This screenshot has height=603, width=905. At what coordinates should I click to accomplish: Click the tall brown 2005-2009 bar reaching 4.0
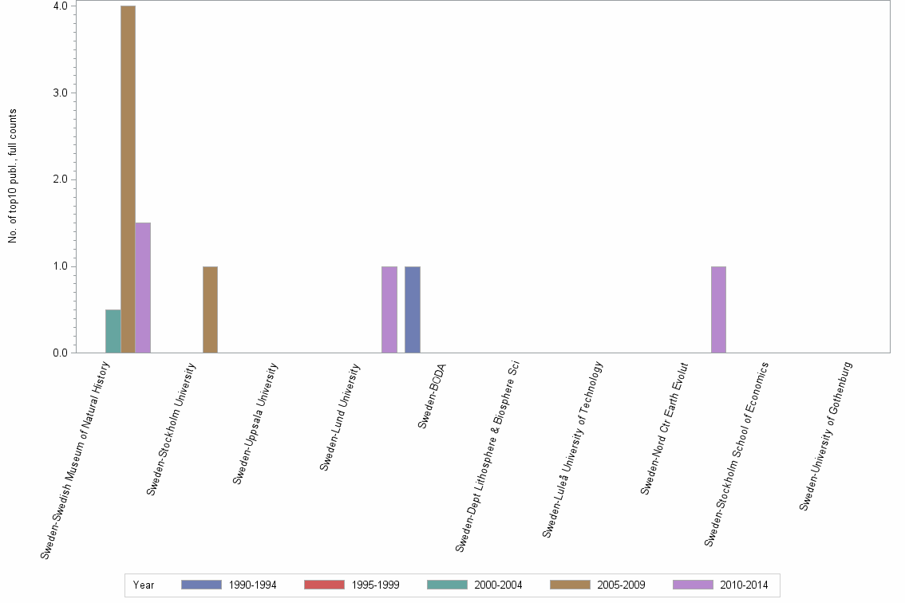click(x=128, y=179)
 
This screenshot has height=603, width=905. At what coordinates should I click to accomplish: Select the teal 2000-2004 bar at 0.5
click(x=113, y=331)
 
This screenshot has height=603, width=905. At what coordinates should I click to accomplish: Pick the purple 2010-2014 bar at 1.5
click(x=143, y=287)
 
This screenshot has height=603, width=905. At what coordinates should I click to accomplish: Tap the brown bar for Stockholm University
click(x=210, y=309)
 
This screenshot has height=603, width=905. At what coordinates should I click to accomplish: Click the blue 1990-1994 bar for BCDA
click(x=412, y=309)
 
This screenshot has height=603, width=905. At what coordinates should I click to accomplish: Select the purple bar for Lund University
click(x=389, y=309)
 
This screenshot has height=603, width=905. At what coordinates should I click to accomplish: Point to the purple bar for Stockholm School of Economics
click(x=718, y=309)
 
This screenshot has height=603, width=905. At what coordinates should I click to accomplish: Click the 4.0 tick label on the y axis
click(x=60, y=6)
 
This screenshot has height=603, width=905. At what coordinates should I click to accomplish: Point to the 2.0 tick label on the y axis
click(x=60, y=179)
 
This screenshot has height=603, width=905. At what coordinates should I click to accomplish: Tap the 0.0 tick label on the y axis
click(x=60, y=353)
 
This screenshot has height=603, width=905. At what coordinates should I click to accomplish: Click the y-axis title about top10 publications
click(x=13, y=175)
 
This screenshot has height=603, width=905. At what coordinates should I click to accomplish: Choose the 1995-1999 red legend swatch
click(x=323, y=585)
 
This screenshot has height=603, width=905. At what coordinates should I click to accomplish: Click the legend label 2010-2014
click(x=744, y=585)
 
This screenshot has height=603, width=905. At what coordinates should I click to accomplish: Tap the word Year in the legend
click(x=144, y=585)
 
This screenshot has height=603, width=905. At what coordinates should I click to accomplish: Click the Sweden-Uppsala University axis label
click(x=256, y=423)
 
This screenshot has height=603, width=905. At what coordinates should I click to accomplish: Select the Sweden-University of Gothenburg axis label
click(x=826, y=436)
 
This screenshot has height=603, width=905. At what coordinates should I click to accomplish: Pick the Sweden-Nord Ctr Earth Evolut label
click(x=664, y=428)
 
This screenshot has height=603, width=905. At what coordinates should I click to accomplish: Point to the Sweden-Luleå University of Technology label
click(x=572, y=449)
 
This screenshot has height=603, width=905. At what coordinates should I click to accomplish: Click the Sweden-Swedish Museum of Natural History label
click(x=75, y=459)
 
